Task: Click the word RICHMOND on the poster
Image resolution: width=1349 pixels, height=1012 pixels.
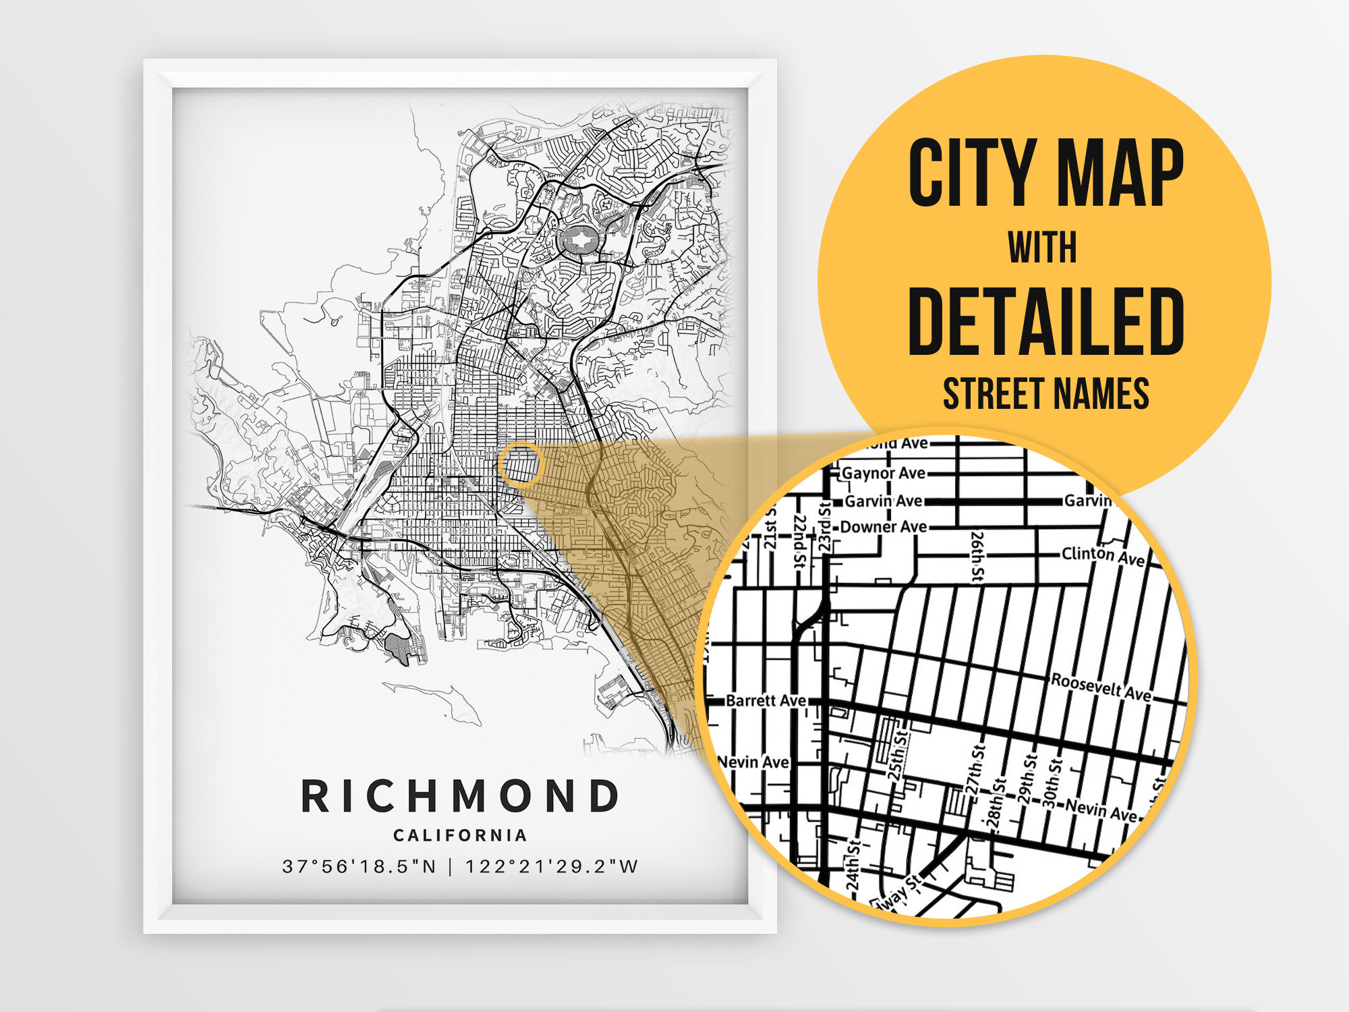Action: (x=459, y=796)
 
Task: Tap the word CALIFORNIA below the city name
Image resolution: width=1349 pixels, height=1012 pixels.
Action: (x=460, y=835)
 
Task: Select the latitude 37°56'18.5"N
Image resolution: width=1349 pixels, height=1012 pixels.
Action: (x=359, y=866)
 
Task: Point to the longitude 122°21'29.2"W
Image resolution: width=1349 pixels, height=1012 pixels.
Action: (x=551, y=866)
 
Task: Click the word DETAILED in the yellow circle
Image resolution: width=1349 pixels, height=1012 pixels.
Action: (x=1046, y=321)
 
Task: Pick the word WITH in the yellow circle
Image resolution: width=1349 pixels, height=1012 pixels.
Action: (x=1042, y=248)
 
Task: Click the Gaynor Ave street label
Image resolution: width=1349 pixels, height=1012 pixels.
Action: (x=884, y=474)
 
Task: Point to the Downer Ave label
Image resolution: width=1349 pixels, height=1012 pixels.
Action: (x=884, y=527)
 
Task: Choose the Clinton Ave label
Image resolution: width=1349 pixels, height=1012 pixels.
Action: (x=1103, y=556)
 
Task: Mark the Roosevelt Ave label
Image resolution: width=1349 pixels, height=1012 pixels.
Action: (x=1101, y=687)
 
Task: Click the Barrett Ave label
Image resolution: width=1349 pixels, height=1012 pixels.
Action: (x=766, y=701)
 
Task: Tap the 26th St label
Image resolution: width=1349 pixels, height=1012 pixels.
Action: (x=977, y=556)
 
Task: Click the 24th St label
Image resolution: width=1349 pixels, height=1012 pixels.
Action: (x=853, y=866)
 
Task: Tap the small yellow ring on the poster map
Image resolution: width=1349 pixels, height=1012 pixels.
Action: (x=521, y=464)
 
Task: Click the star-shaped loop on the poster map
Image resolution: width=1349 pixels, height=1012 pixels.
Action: (x=578, y=240)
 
